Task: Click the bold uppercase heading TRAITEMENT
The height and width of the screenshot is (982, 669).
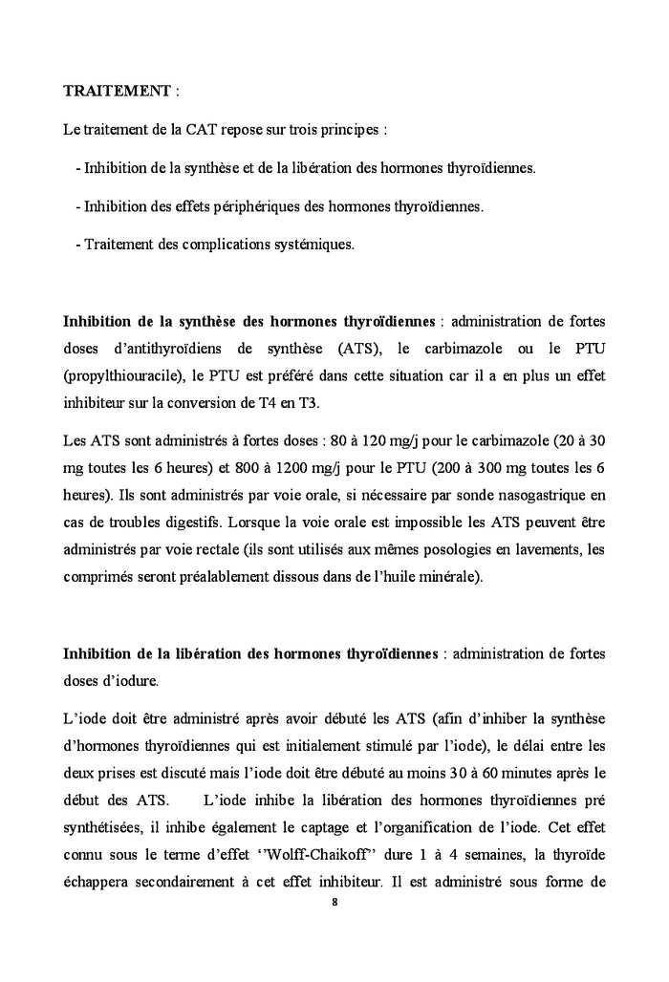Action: [x=118, y=92]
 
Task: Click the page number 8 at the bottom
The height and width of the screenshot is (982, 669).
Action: [x=334, y=900]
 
